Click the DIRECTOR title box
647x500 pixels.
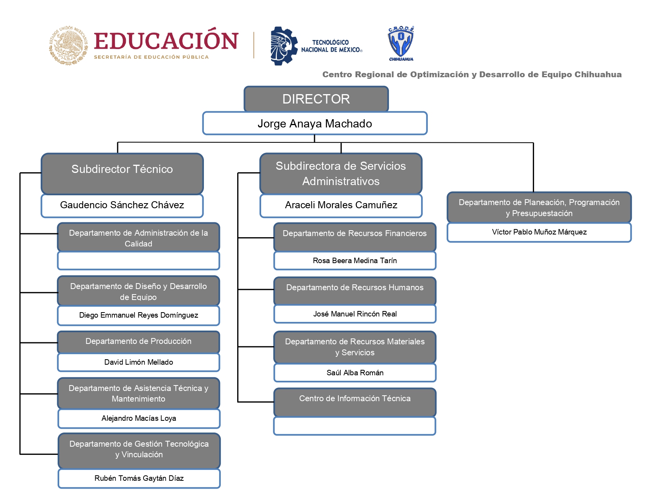click(316, 99)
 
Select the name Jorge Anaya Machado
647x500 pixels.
click(315, 124)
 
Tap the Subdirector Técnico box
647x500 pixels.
click(122, 174)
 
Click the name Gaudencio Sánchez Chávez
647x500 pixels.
click(122, 205)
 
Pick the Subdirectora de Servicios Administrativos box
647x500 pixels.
click(341, 174)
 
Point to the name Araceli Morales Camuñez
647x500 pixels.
click(341, 205)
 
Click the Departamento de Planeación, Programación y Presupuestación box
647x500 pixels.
click(539, 207)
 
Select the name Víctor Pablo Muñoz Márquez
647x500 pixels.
click(539, 232)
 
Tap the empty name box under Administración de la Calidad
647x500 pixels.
click(138, 260)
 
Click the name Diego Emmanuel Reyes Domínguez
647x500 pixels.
click(138, 315)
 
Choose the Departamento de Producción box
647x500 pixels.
click(138, 342)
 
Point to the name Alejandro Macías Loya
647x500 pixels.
click(139, 418)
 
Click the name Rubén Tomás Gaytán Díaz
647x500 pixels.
click(139, 478)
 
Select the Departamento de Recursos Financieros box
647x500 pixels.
click(354, 237)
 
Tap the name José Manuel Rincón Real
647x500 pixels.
click(355, 314)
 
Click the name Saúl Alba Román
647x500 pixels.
click(355, 373)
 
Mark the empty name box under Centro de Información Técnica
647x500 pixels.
click(354, 426)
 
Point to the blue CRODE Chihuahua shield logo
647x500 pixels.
click(401, 44)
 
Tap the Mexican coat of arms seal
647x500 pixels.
click(69, 45)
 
